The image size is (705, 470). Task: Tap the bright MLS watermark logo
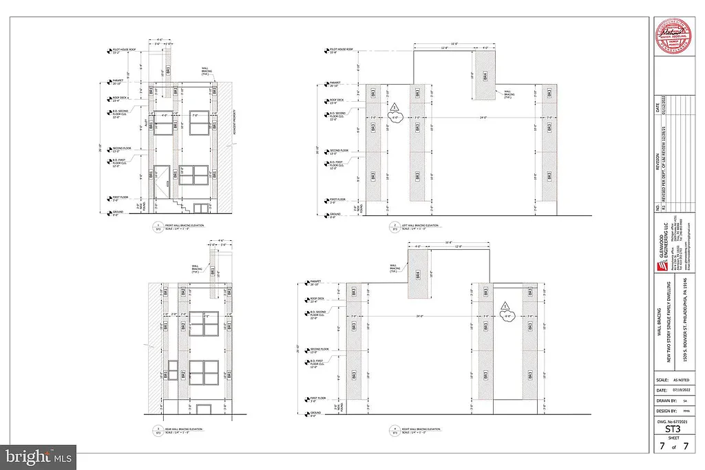click(x=39, y=456)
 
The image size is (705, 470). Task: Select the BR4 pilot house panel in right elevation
click(x=417, y=275)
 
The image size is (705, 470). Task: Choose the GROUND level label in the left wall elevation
click(x=335, y=215)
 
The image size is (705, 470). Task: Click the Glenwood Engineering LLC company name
click(x=662, y=241)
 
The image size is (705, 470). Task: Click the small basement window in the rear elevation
click(x=202, y=409)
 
